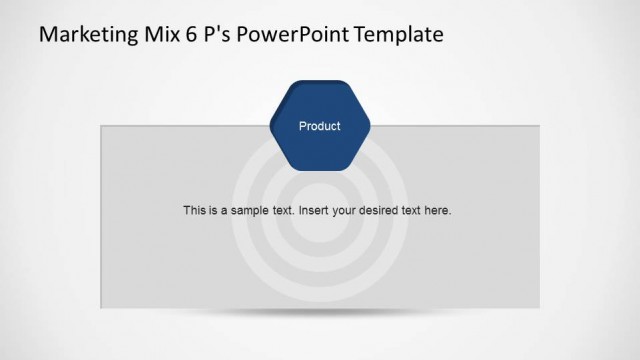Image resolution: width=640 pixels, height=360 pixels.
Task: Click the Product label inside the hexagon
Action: click(320, 126)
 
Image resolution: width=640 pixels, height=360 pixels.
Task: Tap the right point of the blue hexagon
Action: click(369, 126)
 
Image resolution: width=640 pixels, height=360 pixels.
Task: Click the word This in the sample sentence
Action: click(194, 211)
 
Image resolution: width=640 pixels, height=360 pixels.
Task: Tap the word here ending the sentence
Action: click(440, 211)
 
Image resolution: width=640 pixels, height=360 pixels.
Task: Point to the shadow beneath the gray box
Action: click(320, 313)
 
